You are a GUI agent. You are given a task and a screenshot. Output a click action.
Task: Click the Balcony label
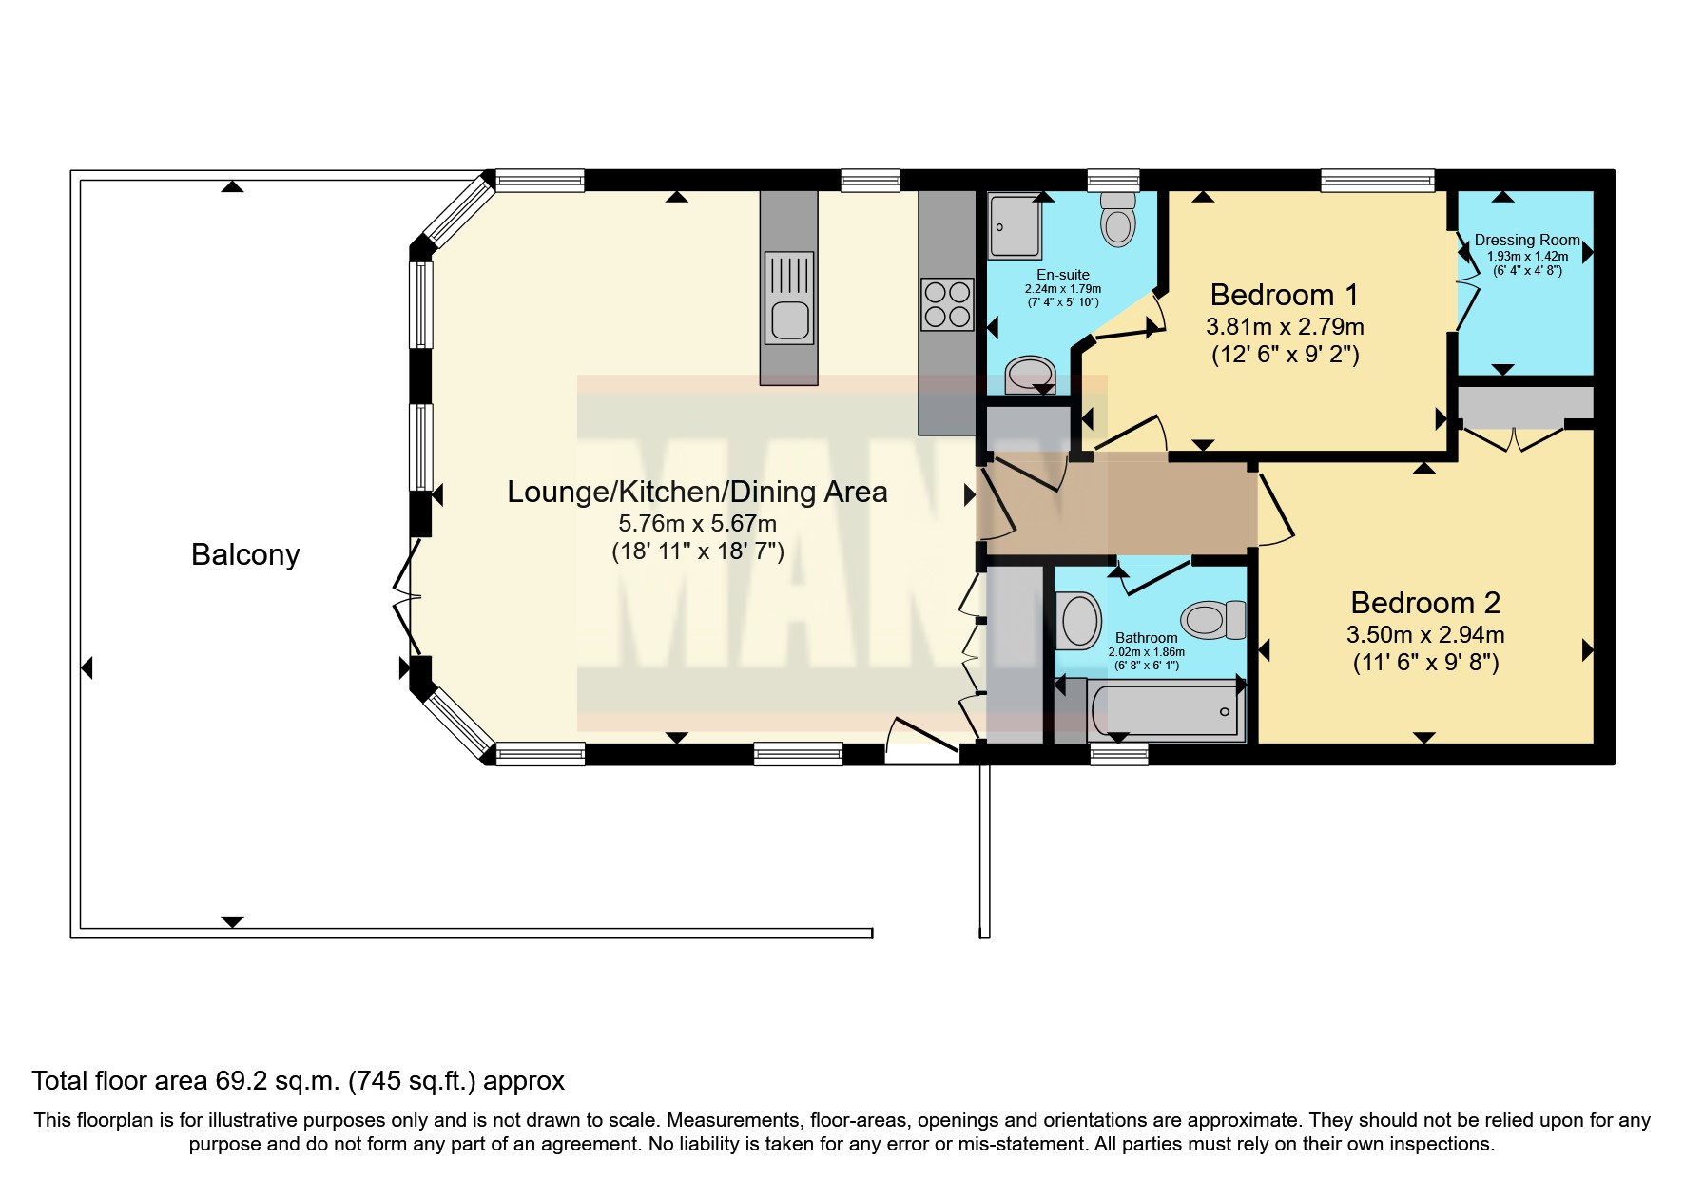click(x=245, y=554)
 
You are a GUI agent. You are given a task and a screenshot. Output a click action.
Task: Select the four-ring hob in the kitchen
click(x=947, y=304)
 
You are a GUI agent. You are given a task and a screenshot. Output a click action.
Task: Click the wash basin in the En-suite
click(x=1031, y=374)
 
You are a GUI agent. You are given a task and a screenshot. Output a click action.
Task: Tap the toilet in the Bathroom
click(x=1214, y=620)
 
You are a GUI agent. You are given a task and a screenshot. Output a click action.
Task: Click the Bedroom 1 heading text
click(x=1284, y=295)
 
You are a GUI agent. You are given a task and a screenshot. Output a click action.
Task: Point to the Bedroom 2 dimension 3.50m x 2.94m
click(x=1425, y=634)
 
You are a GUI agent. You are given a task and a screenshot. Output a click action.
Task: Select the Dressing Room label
click(x=1526, y=241)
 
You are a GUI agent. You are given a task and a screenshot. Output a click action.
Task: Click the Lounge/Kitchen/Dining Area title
click(x=697, y=492)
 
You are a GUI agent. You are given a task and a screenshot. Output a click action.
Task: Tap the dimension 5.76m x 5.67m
click(x=697, y=523)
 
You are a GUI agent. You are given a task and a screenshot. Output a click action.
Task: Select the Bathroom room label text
click(x=1146, y=638)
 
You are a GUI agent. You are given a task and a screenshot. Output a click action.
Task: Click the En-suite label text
click(x=1062, y=275)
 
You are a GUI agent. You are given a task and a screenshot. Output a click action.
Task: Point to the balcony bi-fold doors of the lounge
click(x=407, y=597)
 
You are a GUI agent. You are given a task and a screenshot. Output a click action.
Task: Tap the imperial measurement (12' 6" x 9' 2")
click(x=1285, y=355)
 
